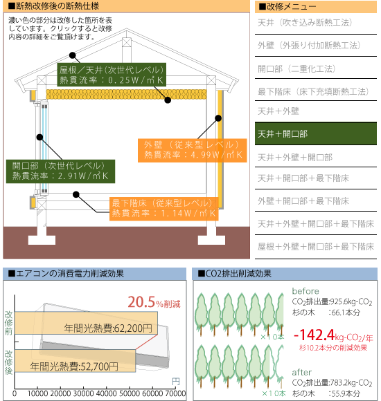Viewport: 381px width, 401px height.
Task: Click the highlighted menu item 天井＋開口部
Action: (316, 133)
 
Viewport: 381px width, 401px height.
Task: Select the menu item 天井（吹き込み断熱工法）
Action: (305, 23)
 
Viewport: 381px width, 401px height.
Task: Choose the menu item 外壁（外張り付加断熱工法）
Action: (309, 45)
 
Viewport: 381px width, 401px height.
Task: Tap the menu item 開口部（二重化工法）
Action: (296, 68)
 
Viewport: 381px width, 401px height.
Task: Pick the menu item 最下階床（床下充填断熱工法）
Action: (313, 91)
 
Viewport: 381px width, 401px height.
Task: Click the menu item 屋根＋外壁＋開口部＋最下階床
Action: (316, 247)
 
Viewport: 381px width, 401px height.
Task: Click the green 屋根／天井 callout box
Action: (112, 75)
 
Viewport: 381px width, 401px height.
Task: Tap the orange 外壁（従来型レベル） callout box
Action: (192, 151)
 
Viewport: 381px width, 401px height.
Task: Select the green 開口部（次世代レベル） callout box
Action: (60, 171)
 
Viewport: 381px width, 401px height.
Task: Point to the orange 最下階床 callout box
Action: (164, 209)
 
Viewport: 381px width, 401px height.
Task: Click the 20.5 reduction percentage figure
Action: (141, 302)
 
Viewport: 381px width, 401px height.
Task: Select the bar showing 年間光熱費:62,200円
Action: (86, 323)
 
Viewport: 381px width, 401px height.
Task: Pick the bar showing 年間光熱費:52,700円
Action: (75, 361)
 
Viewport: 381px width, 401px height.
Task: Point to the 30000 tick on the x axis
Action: (83, 393)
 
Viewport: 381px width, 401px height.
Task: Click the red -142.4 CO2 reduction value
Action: (314, 335)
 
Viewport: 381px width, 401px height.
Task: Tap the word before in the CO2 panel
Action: (305, 291)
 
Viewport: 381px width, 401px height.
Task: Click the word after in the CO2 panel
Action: (301, 372)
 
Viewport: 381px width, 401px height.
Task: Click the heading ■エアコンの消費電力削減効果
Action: (66, 274)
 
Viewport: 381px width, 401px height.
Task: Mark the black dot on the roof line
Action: (73, 55)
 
